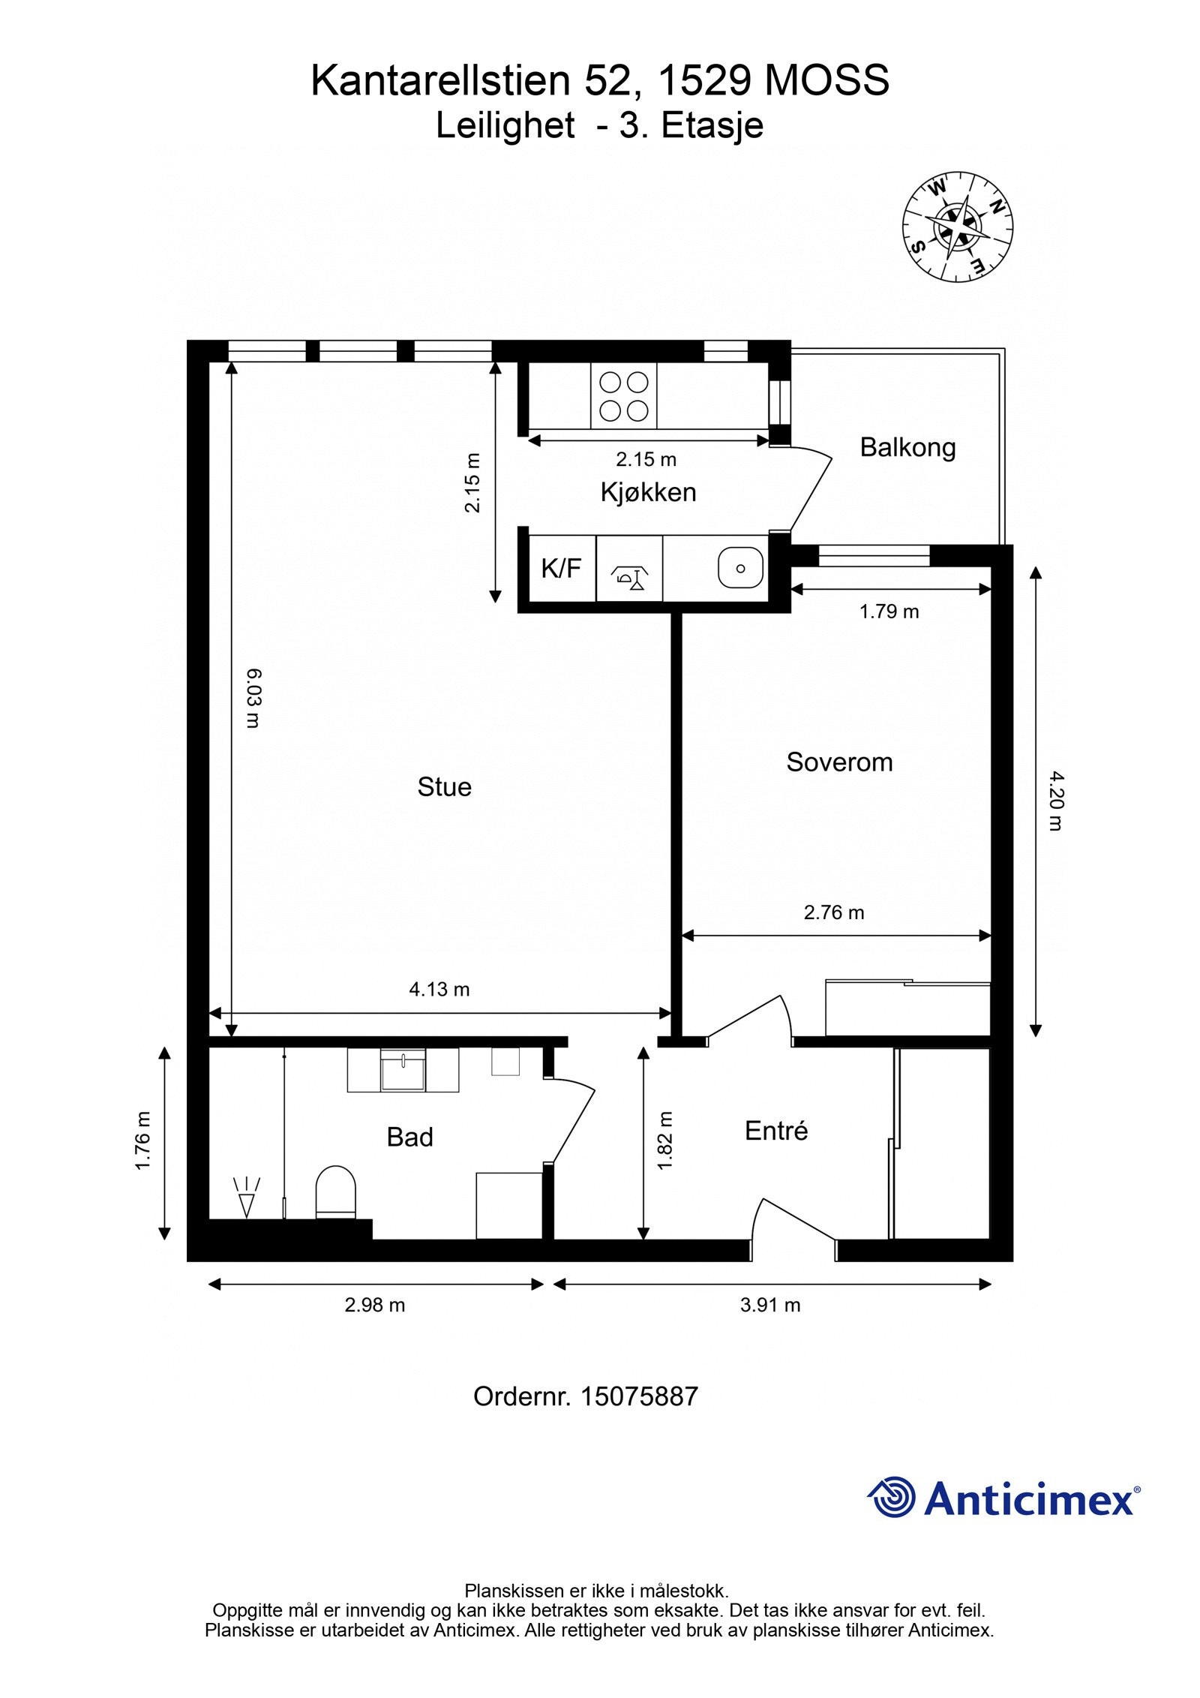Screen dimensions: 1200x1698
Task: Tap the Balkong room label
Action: tap(907, 447)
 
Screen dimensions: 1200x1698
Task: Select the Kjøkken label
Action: tap(648, 492)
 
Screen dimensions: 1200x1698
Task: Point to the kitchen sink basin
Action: tap(739, 568)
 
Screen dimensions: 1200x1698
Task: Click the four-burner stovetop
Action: tap(623, 396)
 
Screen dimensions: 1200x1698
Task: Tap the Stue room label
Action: tap(445, 787)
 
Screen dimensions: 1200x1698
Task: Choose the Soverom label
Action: tap(839, 762)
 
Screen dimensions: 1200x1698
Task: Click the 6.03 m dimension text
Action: tap(252, 699)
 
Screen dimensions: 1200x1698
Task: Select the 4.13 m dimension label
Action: tap(439, 990)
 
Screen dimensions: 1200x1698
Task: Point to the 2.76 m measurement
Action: tap(834, 912)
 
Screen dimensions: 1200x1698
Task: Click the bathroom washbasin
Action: tap(403, 1071)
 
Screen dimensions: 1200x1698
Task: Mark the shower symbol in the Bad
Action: tap(247, 1198)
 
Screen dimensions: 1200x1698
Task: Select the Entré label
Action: tap(776, 1131)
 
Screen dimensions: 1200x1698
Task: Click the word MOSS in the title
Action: tap(826, 80)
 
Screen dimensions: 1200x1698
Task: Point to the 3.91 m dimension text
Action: tap(770, 1306)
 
